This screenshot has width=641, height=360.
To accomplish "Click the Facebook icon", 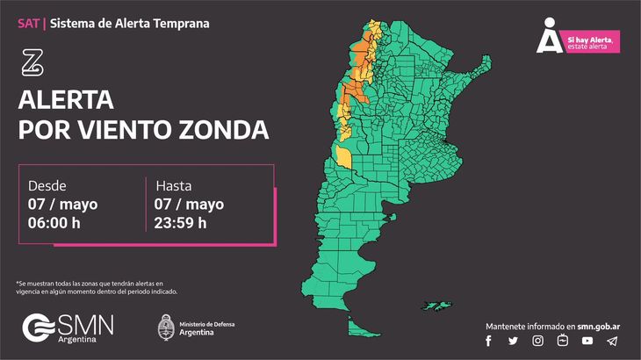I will (488, 341).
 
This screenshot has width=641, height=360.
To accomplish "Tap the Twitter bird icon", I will (513, 341).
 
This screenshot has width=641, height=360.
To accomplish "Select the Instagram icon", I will (537, 341).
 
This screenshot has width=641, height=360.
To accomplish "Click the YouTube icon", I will (587, 341).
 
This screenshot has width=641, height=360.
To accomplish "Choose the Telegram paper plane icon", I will (612, 341).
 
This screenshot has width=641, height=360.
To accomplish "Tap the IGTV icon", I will (562, 341).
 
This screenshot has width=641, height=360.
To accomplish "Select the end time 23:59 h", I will (181, 222).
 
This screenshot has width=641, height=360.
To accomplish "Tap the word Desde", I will (47, 186).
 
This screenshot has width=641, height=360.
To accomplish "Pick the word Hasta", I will (174, 186).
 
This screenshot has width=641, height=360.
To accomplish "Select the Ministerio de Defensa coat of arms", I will (164, 328).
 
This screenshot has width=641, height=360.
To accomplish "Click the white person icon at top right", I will (549, 35).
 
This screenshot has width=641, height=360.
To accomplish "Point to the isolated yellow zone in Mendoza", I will (342, 157).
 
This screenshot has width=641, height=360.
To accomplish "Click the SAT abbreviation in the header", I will (28, 23).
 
